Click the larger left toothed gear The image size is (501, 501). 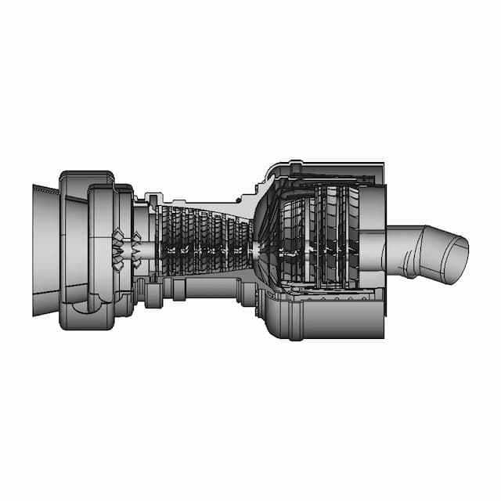pyautogui.click(x=117, y=249)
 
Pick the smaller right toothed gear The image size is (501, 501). pyautogui.click(x=136, y=249)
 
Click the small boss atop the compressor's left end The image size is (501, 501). pyautogui.click(x=153, y=192)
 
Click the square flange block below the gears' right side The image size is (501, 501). pyautogui.click(x=153, y=295)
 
